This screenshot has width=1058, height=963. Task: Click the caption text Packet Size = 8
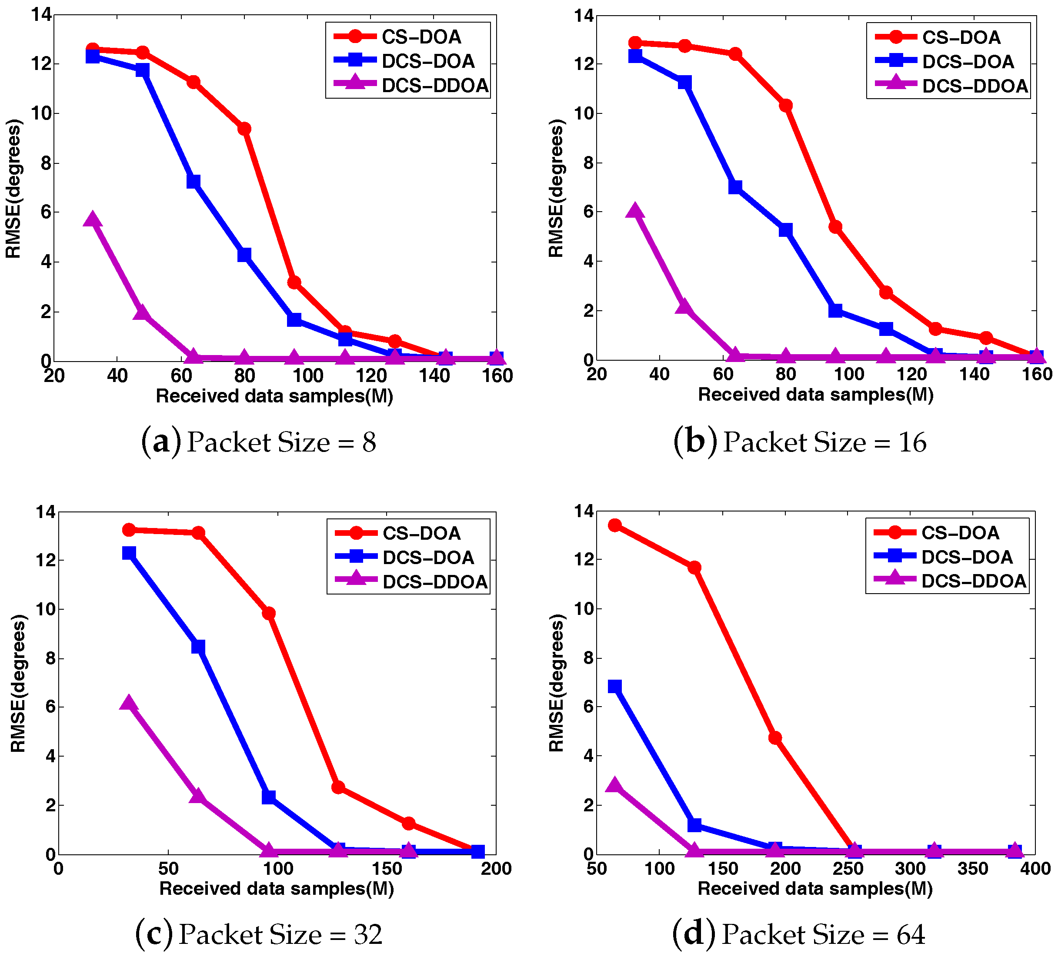(x=281, y=442)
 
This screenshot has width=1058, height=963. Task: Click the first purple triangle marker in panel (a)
(x=92, y=220)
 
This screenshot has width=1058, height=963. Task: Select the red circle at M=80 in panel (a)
(x=244, y=129)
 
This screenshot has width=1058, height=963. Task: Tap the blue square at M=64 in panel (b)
(x=735, y=187)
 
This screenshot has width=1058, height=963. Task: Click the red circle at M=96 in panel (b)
(x=835, y=226)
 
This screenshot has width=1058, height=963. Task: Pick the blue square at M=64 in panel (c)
(x=198, y=647)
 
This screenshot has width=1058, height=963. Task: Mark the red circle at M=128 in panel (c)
(x=338, y=787)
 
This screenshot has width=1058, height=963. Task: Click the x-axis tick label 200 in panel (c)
(x=496, y=869)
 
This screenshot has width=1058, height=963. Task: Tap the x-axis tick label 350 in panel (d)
(x=972, y=869)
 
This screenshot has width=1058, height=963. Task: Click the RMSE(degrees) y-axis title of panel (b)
(x=556, y=188)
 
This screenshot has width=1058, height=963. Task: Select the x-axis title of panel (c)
(x=277, y=889)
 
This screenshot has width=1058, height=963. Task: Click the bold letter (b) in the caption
(x=695, y=442)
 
